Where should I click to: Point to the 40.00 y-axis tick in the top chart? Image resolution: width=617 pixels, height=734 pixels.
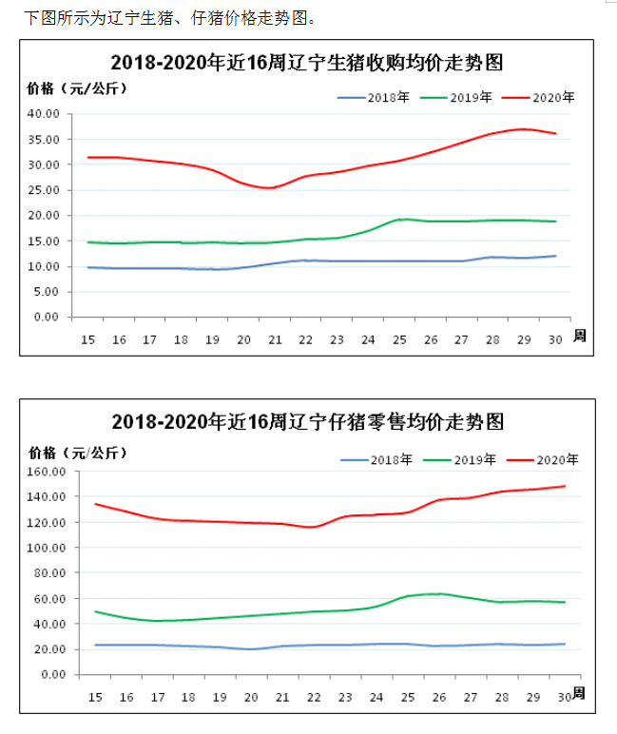(x=45, y=113)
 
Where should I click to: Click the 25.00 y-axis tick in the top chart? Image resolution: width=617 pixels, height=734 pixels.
(x=45, y=190)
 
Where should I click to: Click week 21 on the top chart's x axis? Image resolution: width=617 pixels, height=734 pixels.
(x=275, y=339)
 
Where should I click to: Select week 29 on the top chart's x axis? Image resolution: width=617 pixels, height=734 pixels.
(x=523, y=339)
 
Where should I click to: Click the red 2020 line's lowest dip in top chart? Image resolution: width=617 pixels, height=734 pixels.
(x=269, y=187)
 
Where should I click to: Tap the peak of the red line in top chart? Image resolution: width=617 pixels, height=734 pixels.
(x=523, y=128)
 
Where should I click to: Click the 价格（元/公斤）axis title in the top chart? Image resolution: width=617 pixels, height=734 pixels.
(x=77, y=88)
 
